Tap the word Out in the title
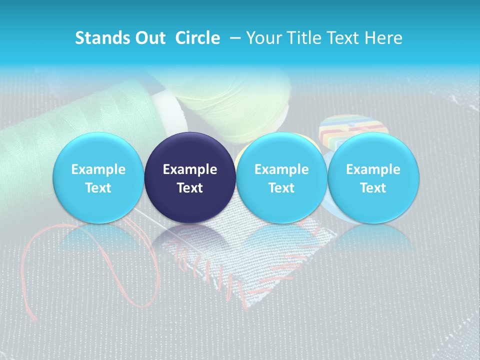coord(148,38)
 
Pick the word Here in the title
coord(382,38)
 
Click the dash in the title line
coord(233,38)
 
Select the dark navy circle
coord(190,178)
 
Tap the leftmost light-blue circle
coord(98,178)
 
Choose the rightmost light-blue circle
coord(373,178)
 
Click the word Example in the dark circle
coord(190,169)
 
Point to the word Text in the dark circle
coord(190,188)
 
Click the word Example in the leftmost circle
coord(98,169)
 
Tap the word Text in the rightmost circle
coord(373,188)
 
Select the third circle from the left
coord(281,178)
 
